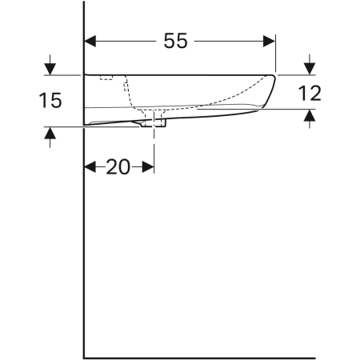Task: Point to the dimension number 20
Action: [118, 166]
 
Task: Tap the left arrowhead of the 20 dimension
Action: [90, 166]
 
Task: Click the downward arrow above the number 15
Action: [50, 68]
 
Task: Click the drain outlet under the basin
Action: [154, 123]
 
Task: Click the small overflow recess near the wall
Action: [106, 78]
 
